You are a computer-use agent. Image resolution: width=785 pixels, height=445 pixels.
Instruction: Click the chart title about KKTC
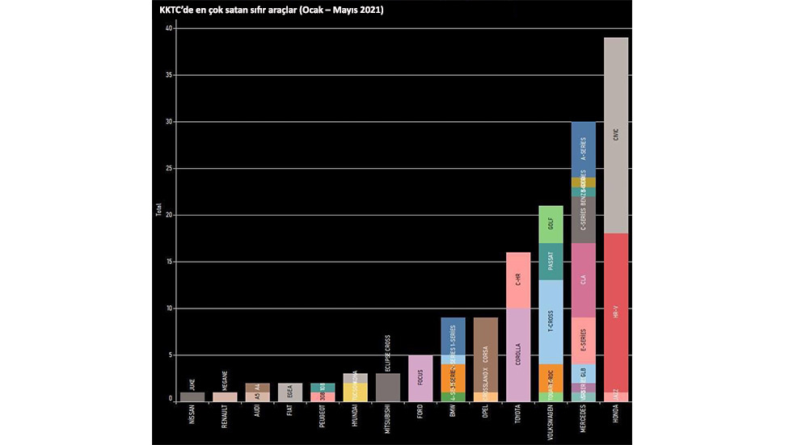[271, 10]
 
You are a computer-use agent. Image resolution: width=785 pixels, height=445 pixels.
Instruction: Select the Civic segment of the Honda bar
[616, 136]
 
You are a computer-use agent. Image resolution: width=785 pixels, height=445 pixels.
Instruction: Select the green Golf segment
[551, 225]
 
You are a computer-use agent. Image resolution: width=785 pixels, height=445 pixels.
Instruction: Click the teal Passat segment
[551, 262]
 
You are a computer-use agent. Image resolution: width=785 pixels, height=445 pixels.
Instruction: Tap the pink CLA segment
[583, 280]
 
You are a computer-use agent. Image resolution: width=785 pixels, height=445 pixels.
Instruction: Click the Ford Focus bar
[420, 378]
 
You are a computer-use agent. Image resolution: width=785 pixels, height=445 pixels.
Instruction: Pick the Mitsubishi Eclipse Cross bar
[388, 387]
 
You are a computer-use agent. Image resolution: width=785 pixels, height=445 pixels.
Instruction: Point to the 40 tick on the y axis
[169, 28]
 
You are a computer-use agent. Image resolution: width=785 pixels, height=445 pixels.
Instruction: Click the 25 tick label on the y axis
[169, 169]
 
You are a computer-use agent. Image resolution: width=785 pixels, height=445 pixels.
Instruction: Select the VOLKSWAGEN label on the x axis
[551, 423]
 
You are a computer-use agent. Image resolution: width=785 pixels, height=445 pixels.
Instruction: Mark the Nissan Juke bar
[192, 397]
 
